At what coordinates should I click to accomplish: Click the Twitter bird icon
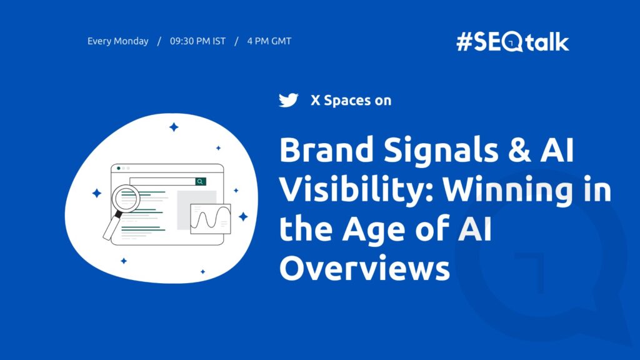[x=288, y=100]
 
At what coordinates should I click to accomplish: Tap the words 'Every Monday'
[x=118, y=42]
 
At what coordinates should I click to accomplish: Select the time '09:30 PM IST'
[x=197, y=42]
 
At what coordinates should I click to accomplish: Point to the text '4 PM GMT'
[x=269, y=42]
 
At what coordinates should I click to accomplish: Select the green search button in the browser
[x=200, y=181]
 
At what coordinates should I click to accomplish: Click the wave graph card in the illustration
[x=211, y=219]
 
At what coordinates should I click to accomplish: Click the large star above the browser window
[x=174, y=127]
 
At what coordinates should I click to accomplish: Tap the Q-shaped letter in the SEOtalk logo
[x=514, y=42]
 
